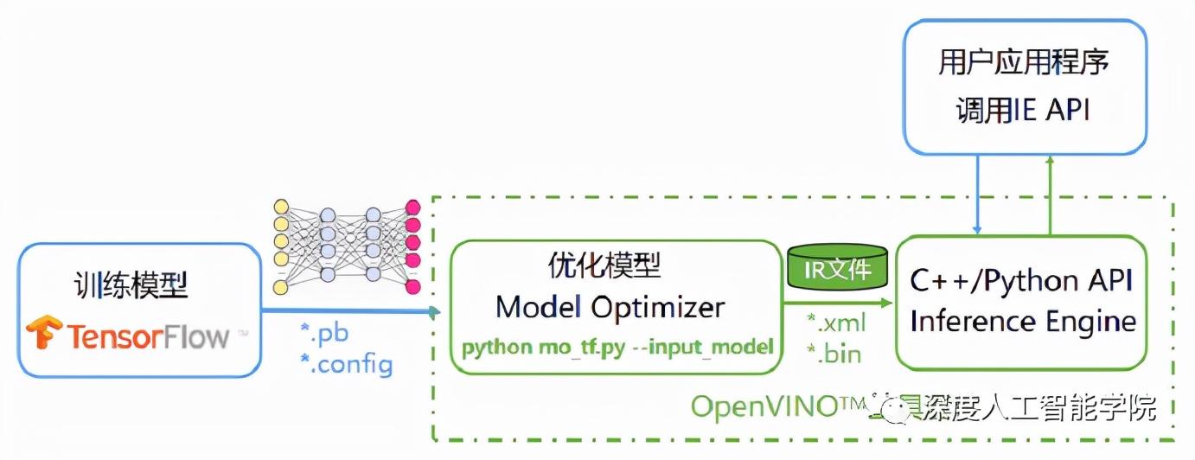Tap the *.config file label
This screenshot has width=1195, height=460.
pyautogui.click(x=345, y=364)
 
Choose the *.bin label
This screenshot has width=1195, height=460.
pyautogui.click(x=834, y=353)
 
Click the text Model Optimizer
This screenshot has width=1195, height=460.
pyautogui.click(x=610, y=307)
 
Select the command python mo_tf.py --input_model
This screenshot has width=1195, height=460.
pyautogui.click(x=617, y=348)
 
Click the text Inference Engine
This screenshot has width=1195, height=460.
pyautogui.click(x=1023, y=322)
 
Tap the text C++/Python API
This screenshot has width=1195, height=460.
pyautogui.click(x=1021, y=281)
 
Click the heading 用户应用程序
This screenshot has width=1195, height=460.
pyautogui.click(x=1024, y=62)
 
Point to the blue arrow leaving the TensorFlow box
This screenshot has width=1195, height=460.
pyautogui.click(x=346, y=310)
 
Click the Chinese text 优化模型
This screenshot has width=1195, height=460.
pyautogui.click(x=604, y=265)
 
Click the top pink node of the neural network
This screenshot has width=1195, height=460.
pyautogui.click(x=413, y=208)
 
